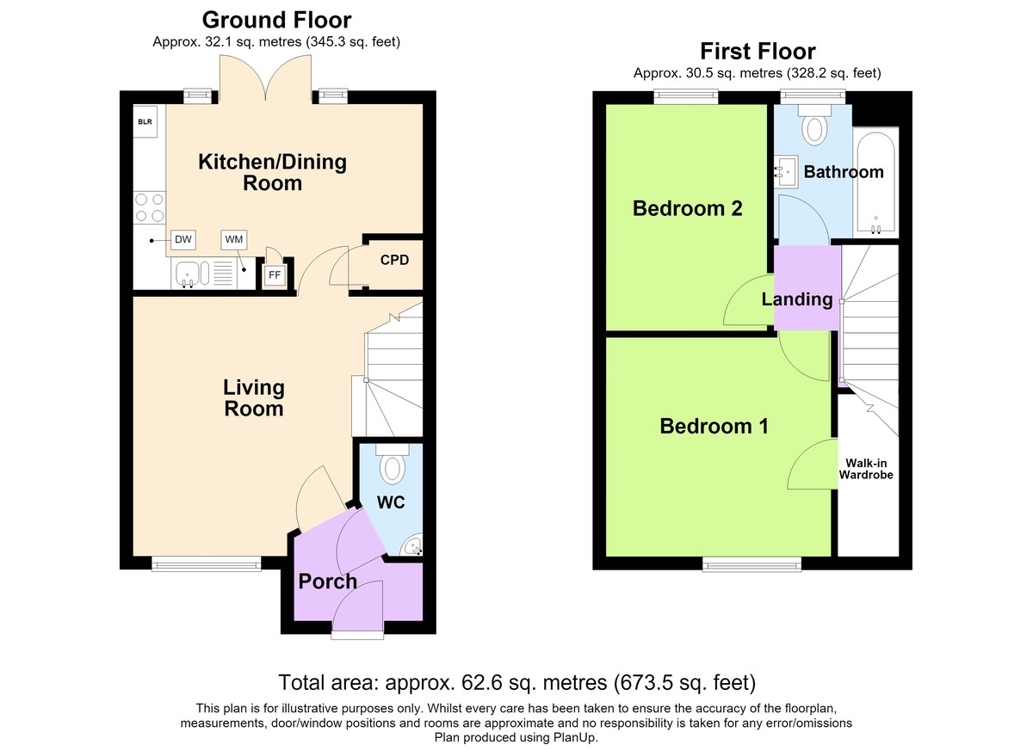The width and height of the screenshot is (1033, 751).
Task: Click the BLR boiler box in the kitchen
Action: coord(145,121)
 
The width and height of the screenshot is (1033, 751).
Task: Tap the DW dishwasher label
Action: coord(183,240)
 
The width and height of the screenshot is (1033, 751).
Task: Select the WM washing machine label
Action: coord(234,240)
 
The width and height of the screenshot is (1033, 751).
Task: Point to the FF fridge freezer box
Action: coord(275,275)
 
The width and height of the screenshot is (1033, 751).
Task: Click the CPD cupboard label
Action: coord(394,261)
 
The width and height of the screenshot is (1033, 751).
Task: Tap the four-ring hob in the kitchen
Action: coord(150,208)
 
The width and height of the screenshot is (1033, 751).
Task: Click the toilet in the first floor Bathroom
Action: coord(814,125)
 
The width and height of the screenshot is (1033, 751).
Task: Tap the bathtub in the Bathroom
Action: coord(875,183)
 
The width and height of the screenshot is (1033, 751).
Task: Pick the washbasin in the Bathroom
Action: coord(786,172)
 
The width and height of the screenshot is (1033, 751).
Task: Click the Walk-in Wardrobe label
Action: coord(866,469)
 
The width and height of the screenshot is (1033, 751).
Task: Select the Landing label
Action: coord(797,299)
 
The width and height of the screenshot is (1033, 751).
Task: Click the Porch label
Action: coord(328,582)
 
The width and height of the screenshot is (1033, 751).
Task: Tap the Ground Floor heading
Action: coord(276,21)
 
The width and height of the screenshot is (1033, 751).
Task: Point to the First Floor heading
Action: coord(758,51)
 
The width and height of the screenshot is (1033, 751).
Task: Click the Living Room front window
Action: coord(207,563)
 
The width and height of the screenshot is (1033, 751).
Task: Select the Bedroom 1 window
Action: coord(752,564)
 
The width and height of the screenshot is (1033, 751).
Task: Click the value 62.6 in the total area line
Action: coord(481,682)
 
